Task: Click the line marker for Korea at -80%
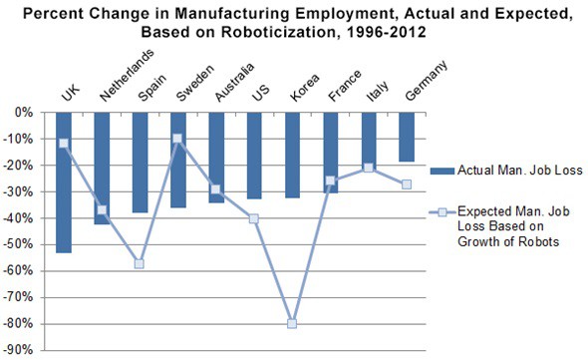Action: click(x=293, y=324)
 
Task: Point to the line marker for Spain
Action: click(x=141, y=263)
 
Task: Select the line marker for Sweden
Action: click(x=177, y=139)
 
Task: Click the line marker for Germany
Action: click(x=407, y=184)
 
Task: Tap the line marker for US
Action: click(x=255, y=218)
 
